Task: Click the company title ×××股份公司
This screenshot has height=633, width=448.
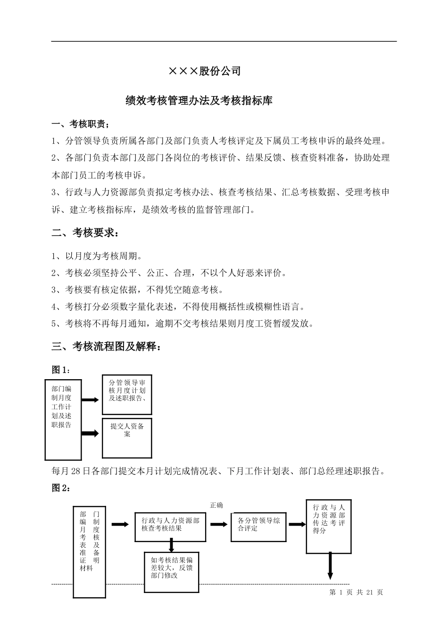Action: tap(205, 71)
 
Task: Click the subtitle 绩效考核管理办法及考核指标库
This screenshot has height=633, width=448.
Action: tap(199, 101)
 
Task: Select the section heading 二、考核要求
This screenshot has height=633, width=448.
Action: tap(82, 233)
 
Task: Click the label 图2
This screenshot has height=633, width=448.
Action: tap(61, 488)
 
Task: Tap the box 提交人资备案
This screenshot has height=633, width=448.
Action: tap(127, 437)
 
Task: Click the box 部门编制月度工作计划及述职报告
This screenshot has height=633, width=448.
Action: tap(63, 419)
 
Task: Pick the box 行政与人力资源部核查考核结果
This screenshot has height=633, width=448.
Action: tap(170, 526)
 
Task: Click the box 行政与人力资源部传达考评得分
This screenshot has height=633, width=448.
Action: tap(329, 525)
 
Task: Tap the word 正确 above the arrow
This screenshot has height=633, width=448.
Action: tap(216, 505)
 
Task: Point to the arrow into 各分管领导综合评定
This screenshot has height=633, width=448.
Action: tap(218, 525)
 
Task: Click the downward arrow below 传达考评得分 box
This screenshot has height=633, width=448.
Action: tap(330, 567)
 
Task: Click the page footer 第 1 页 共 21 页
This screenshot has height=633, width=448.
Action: tap(356, 592)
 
